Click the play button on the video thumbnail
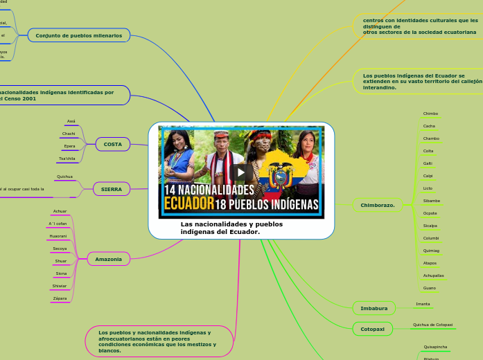coord(241,172)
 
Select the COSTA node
coord(112,144)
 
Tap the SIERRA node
coord(111,188)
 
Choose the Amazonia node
coord(108,259)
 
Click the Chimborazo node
coord(378,205)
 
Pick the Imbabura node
coord(374,308)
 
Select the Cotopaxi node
coord(372,329)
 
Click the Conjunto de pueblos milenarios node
coord(78,35)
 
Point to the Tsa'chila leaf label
coord(67,159)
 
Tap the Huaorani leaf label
coord(58,236)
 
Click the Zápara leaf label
coord(60,298)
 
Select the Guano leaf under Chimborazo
coord(429,287)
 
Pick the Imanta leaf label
coord(423,304)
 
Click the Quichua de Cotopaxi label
coord(432,325)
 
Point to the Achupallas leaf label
coord(433,275)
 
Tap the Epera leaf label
coord(69,146)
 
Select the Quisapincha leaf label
coord(435,347)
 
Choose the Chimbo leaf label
coord(430,114)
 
